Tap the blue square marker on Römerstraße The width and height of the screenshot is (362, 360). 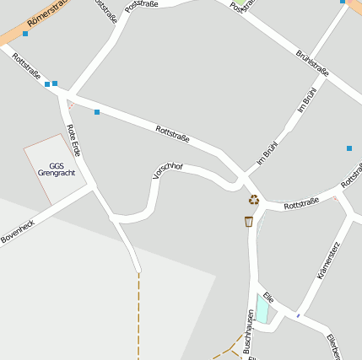(x=25, y=35)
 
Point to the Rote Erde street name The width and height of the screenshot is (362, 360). (x=74, y=139)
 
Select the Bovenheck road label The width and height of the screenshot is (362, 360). (x=19, y=227)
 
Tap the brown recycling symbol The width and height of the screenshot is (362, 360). (x=253, y=199)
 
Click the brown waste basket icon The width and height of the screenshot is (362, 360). (x=248, y=221)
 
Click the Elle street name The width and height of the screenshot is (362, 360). (x=268, y=298)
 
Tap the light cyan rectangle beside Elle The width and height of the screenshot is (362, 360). (x=262, y=311)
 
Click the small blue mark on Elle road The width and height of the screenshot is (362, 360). (x=298, y=315)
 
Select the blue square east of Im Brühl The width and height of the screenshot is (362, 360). (x=349, y=148)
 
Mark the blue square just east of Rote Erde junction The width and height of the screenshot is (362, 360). (x=97, y=112)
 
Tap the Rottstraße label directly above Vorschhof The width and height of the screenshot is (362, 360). (x=172, y=132)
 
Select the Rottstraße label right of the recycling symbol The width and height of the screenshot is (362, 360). (x=300, y=203)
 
